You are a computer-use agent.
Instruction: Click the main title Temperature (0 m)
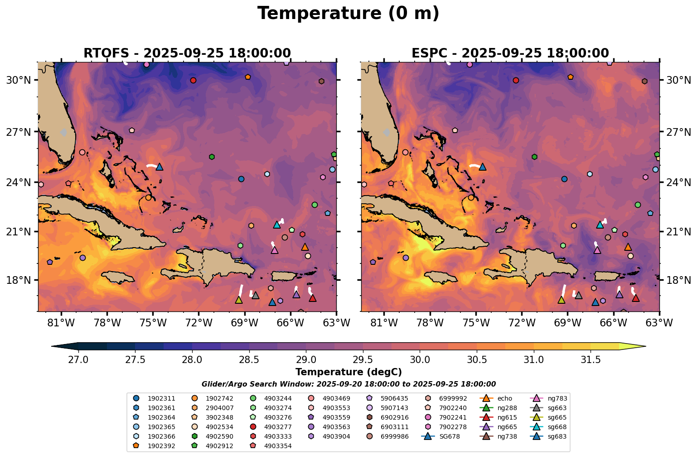click(348, 14)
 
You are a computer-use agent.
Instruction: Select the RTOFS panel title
click(187, 53)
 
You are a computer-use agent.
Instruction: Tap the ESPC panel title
click(510, 53)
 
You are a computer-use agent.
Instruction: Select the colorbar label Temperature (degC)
click(348, 372)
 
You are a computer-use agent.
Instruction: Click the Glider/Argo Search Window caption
click(348, 384)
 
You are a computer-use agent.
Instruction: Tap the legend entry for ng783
click(557, 398)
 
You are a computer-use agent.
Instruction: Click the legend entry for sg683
click(557, 436)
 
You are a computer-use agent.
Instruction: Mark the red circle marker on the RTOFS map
click(193, 81)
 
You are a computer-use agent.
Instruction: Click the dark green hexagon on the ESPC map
click(535, 157)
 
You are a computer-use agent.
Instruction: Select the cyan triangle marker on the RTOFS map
click(277, 225)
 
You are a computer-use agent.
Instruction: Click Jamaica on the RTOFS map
click(118, 276)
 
